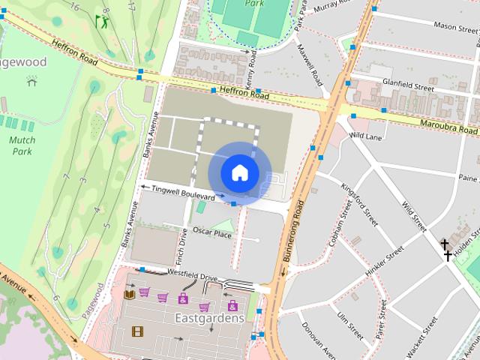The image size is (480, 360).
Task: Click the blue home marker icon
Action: coord(239,172)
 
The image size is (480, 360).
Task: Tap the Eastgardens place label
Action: coord(209,318)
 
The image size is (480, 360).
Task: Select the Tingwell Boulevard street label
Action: coord(183,192)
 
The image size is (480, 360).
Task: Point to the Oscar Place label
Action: coord(212,233)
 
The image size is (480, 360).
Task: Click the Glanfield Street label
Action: coord(409,87)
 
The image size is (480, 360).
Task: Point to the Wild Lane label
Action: coord(366,136)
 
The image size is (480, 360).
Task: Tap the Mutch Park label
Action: coord(22,145)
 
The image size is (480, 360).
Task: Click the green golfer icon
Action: coord(101,22)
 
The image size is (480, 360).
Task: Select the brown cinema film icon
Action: coord(137,331)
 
